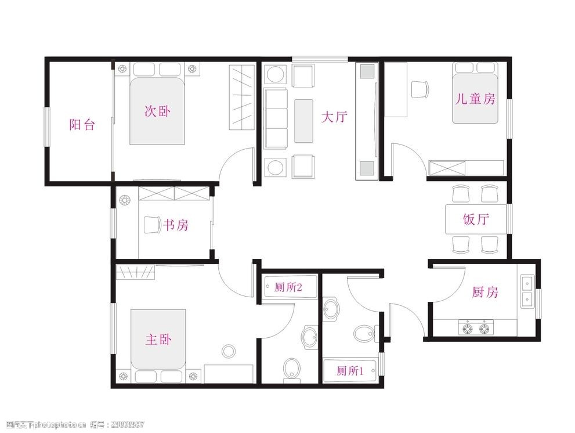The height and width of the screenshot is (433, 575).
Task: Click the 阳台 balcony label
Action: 82,125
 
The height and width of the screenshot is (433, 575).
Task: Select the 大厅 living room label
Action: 334,117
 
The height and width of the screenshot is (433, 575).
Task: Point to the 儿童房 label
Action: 475,99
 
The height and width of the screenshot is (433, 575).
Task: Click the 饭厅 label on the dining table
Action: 476,219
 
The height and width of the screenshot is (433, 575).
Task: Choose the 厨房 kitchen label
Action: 484,292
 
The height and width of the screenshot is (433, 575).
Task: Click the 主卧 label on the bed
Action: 158,340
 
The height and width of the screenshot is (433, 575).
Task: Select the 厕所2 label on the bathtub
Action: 288,286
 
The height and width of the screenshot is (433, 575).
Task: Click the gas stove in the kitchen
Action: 476,329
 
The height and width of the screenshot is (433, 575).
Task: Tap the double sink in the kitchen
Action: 527,291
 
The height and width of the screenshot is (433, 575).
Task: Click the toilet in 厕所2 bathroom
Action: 292,369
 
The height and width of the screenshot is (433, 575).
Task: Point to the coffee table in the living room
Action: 303,121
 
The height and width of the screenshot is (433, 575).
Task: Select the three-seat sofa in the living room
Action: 276,118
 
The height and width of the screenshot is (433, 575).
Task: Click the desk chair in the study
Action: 150,224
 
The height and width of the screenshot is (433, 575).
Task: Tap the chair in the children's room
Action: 420,89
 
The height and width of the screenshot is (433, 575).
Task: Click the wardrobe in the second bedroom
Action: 242,98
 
